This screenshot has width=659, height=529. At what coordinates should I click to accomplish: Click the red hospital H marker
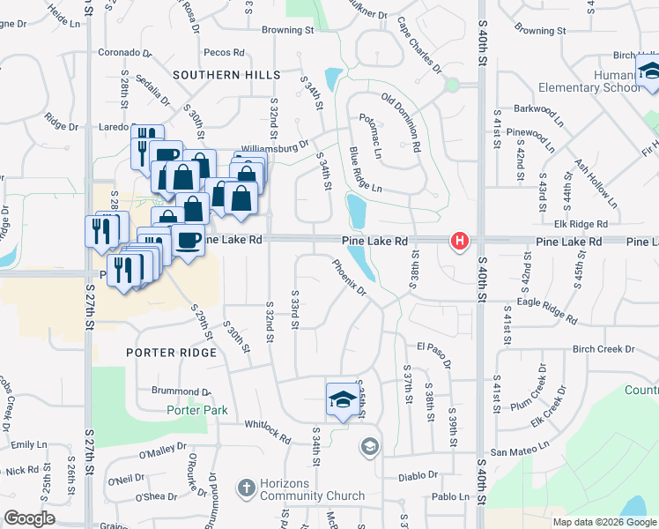pos(459,240)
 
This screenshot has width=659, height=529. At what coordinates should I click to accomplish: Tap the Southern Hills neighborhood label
pos(226,76)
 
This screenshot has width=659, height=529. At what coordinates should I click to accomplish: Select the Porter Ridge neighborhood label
pos(171,353)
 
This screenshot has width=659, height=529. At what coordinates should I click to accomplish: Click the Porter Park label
pos(197,410)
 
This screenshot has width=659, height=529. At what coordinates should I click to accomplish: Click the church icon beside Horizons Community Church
pos(247,486)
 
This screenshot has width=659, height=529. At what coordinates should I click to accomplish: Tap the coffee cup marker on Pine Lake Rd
pos(188,240)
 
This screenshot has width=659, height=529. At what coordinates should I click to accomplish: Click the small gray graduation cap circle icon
pos(370,448)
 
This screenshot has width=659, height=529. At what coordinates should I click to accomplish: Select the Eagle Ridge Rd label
pos(547,309)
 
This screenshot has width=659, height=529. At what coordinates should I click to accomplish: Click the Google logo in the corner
pos(30,518)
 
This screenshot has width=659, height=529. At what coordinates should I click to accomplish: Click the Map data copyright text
pos(603,522)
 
